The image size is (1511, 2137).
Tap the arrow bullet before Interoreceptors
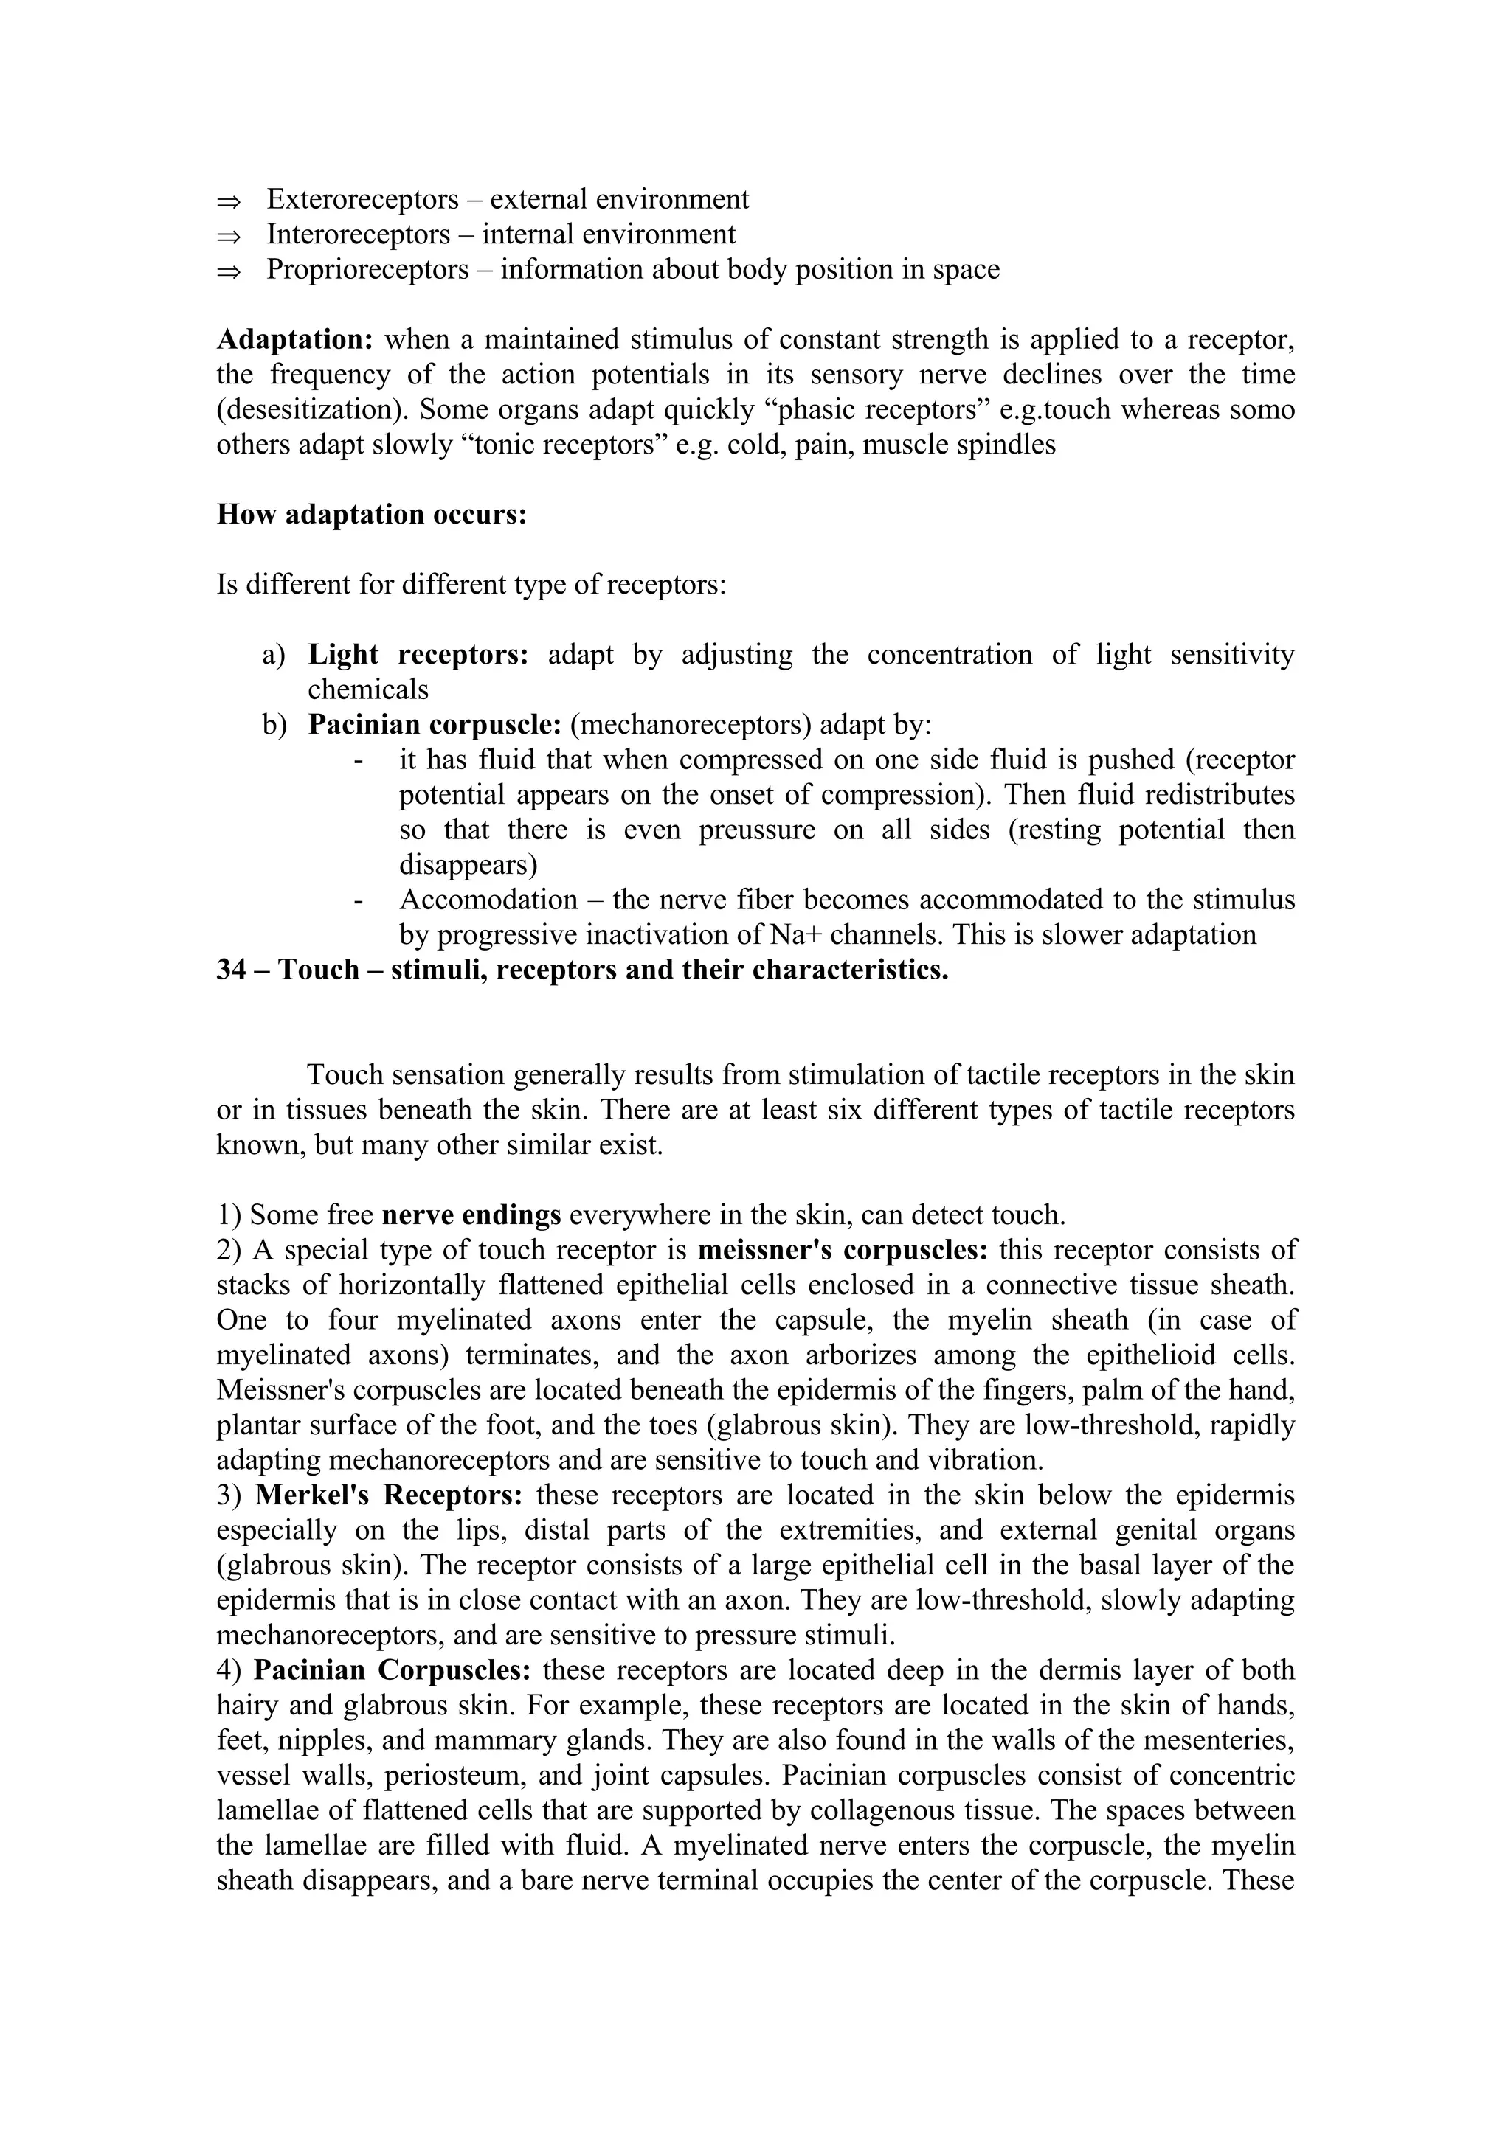[x=228, y=235]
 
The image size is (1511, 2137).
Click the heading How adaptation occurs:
[x=371, y=514]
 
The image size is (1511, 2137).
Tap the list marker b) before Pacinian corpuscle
[x=274, y=724]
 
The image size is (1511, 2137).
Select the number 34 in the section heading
[x=231, y=970]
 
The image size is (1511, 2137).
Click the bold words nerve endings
[x=471, y=1215]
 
